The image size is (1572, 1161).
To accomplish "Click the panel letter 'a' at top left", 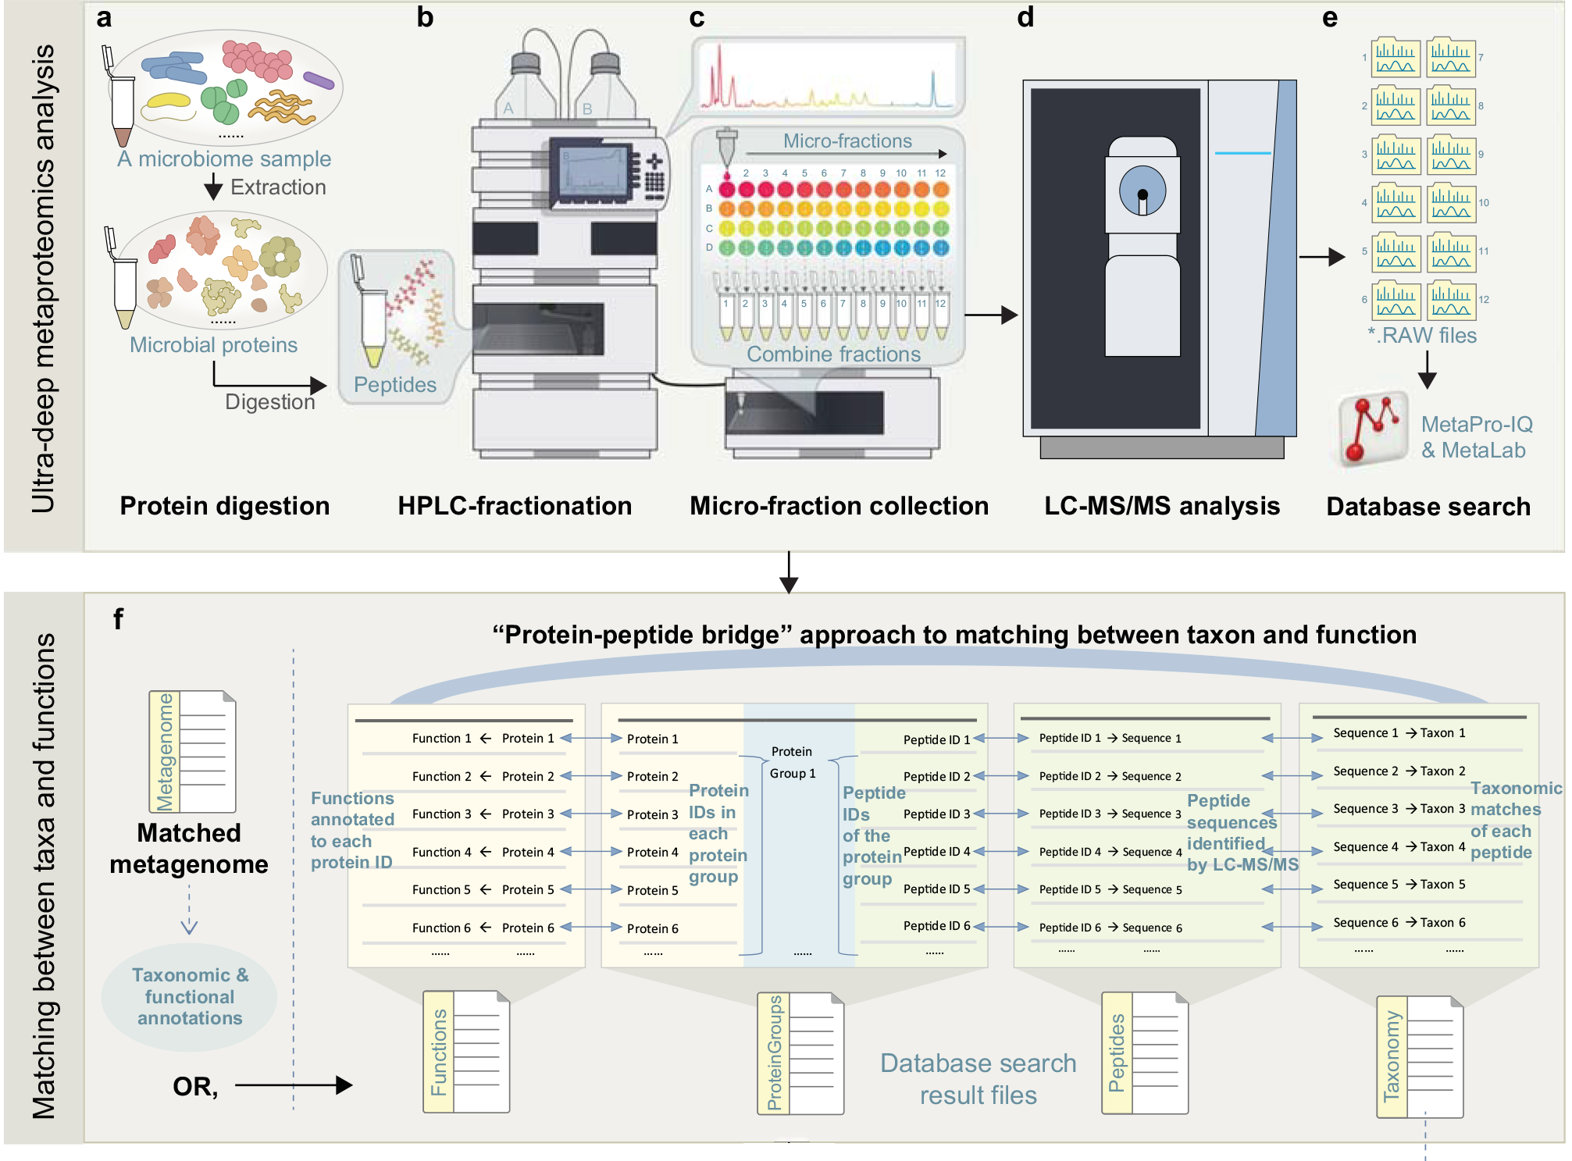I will [x=104, y=18].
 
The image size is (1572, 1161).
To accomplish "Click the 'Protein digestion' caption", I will [x=224, y=506].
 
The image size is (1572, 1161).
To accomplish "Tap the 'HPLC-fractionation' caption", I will [x=515, y=506].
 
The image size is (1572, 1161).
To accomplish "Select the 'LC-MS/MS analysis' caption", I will [x=1162, y=506].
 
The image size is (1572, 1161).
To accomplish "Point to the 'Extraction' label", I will [x=278, y=187].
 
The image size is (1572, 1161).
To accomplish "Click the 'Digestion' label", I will [x=269, y=401].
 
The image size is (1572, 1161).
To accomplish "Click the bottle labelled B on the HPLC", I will [x=604, y=86].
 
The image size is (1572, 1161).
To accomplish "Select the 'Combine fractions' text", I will [x=833, y=354].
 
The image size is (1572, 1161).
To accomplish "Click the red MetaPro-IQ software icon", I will [x=1372, y=429].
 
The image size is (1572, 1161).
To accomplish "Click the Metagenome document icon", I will [x=193, y=751].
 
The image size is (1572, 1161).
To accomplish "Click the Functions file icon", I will [x=466, y=1052].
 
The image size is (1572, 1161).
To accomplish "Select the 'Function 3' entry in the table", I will [x=441, y=814].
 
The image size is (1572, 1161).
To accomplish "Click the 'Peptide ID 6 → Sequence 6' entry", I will [x=1110, y=928].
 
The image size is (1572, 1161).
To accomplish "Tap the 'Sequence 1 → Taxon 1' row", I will [x=1399, y=733].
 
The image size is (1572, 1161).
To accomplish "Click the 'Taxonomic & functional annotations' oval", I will [x=190, y=997].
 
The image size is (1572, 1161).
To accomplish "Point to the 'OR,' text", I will [x=195, y=1086].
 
